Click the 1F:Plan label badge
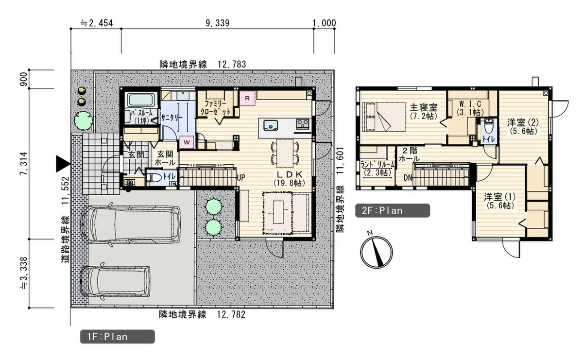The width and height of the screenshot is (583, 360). [118, 337]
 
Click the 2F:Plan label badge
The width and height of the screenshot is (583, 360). [393, 210]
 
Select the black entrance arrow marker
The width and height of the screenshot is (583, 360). [63, 164]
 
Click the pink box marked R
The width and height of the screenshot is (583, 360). [247, 98]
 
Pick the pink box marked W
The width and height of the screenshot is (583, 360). [187, 142]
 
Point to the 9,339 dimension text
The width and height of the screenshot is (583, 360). [218, 23]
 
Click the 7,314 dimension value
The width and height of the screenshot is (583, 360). [23, 164]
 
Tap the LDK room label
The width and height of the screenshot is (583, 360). [289, 174]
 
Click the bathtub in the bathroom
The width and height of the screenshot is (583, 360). [141, 100]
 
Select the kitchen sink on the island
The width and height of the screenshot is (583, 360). [271, 125]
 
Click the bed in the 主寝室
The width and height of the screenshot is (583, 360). [384, 117]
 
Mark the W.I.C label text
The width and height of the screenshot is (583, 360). [470, 104]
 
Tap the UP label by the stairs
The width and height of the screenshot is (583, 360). [241, 177]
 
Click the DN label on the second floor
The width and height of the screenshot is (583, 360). [408, 178]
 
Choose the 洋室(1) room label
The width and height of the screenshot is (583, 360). [500, 197]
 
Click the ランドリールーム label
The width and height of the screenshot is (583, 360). [377, 165]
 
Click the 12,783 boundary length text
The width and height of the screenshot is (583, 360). [232, 64]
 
